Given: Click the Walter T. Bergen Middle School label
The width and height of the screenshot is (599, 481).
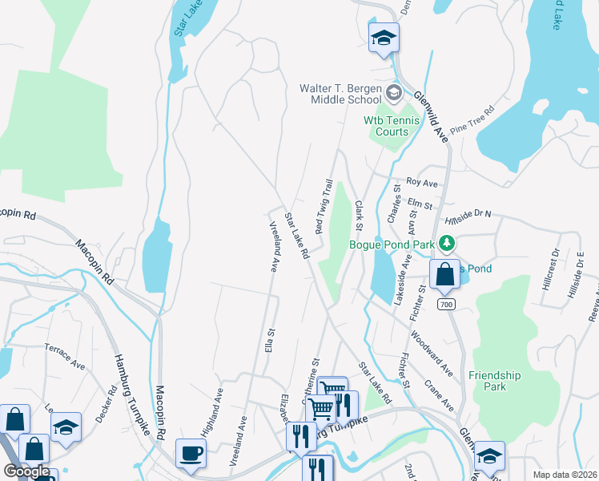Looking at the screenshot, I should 340,94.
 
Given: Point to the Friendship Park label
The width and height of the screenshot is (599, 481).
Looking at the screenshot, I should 494,381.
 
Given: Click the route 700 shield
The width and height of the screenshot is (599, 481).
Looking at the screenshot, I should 446,305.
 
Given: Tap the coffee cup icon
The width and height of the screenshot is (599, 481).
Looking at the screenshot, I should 191,453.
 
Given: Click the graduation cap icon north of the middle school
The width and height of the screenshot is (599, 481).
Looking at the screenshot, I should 384,37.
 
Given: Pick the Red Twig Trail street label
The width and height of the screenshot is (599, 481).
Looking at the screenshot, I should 324,207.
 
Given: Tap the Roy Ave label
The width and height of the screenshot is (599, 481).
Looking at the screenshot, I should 422,183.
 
